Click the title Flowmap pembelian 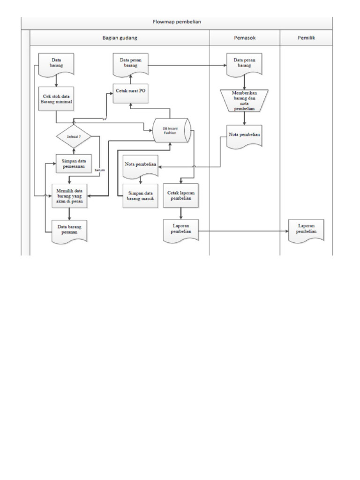coord(177,22)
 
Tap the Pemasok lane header coord(244,38)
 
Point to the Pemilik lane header coord(306,38)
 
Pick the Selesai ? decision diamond coord(74,136)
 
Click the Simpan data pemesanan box coord(74,164)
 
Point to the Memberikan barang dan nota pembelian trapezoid coord(244,100)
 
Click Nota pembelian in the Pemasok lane coord(244,136)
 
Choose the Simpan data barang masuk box coord(141,196)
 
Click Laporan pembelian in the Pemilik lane coord(306,230)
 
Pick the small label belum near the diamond coord(99,170)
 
